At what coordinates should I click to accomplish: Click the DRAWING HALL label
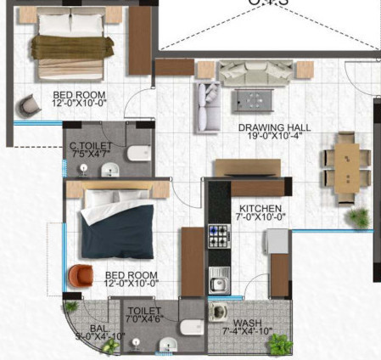coord(274,127)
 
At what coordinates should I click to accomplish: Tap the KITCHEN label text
coord(254,209)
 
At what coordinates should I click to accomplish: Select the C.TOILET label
coord(87,146)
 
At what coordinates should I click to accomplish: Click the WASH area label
coord(248,323)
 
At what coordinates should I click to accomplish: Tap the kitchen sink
coord(221,277)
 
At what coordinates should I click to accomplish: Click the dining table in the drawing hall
coord(345,166)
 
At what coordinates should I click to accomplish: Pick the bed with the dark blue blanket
coord(115,224)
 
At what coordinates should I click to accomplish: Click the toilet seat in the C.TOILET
coord(137,155)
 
